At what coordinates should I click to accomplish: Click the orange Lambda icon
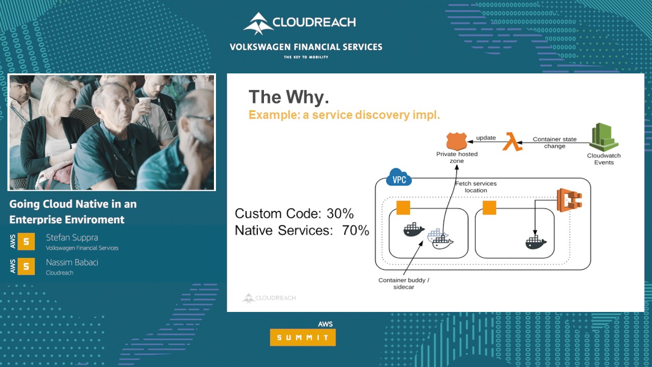click(x=512, y=141)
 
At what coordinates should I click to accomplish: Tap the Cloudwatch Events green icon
click(x=604, y=137)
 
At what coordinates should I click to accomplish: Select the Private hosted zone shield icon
click(x=456, y=141)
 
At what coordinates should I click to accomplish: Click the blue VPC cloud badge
click(x=399, y=179)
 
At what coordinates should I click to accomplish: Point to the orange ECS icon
click(x=569, y=201)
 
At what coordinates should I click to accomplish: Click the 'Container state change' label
click(x=554, y=143)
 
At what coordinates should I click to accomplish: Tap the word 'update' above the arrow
click(x=485, y=138)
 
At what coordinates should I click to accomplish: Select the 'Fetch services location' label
click(x=475, y=187)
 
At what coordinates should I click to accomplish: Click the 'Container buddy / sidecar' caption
click(x=403, y=283)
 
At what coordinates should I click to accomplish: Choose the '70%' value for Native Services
click(x=355, y=230)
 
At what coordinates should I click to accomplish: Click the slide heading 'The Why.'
click(x=288, y=97)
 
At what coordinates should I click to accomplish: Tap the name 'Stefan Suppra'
click(x=72, y=238)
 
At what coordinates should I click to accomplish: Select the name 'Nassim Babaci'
click(x=72, y=263)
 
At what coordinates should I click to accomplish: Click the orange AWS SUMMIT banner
click(x=303, y=337)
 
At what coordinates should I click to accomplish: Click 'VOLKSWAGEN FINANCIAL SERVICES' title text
click(x=306, y=47)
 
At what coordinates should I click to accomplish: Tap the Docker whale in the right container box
click(x=535, y=241)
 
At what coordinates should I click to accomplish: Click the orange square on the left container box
click(x=403, y=208)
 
